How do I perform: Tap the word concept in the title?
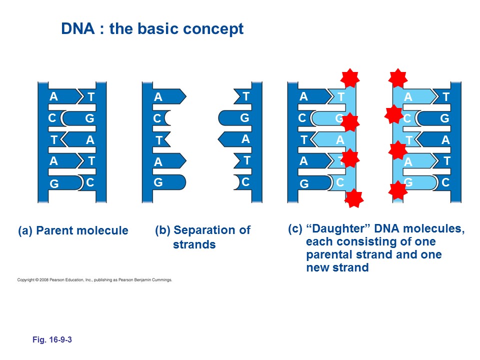(216, 29)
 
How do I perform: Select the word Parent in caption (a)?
(54, 231)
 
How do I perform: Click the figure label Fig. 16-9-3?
(52, 340)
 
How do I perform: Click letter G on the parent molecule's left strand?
(54, 184)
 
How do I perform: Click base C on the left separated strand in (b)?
(157, 119)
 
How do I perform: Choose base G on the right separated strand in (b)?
(244, 118)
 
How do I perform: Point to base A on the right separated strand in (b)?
(245, 140)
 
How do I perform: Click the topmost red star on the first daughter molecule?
(350, 78)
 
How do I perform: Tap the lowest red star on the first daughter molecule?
(354, 198)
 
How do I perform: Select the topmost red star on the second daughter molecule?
(398, 77)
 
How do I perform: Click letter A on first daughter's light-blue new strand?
(340, 140)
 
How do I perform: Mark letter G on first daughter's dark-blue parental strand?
(304, 184)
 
